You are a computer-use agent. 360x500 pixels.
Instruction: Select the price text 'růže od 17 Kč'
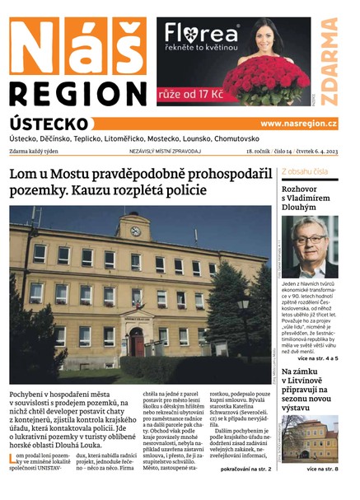pyautogui.click(x=196, y=95)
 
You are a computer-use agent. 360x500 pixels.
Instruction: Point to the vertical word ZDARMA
pyautogui.click(x=330, y=63)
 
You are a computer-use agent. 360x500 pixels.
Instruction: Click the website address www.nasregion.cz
pyautogui.click(x=298, y=124)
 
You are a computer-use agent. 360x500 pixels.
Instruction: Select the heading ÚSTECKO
pyautogui.click(x=49, y=123)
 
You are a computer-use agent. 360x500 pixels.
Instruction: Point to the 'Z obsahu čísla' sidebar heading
pyautogui.click(x=305, y=172)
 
